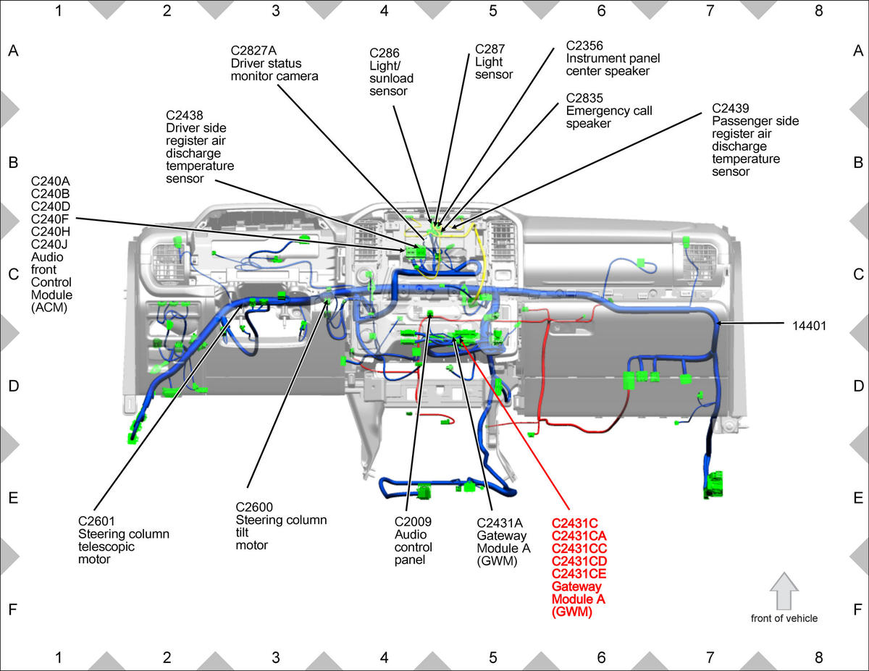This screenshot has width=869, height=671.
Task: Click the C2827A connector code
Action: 253,51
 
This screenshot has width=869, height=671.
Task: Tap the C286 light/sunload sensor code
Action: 385,53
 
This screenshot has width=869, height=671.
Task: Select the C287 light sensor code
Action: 490,49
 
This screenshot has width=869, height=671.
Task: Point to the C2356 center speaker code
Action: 584,46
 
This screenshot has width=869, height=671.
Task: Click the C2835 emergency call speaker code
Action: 584,98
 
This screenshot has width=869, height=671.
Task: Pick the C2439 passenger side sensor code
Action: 730,109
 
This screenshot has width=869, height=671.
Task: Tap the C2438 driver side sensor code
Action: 185,116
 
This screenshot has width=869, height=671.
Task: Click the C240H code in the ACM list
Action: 51,232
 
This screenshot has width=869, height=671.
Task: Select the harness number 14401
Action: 809,326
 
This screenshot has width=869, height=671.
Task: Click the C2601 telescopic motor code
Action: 96,521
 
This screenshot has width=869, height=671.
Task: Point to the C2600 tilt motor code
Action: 254,507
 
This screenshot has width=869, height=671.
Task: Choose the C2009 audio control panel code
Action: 413,522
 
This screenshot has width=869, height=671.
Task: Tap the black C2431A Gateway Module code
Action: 500,523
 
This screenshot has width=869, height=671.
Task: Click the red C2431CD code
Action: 579,561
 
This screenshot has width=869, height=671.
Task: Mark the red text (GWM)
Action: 571,612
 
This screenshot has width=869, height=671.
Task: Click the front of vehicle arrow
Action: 784,590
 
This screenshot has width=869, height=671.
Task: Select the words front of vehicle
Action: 784,618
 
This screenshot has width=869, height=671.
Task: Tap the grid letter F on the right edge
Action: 857,609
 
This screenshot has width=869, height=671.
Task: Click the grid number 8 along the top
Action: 818,11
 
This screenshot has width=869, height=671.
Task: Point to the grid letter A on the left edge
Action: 13,51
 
